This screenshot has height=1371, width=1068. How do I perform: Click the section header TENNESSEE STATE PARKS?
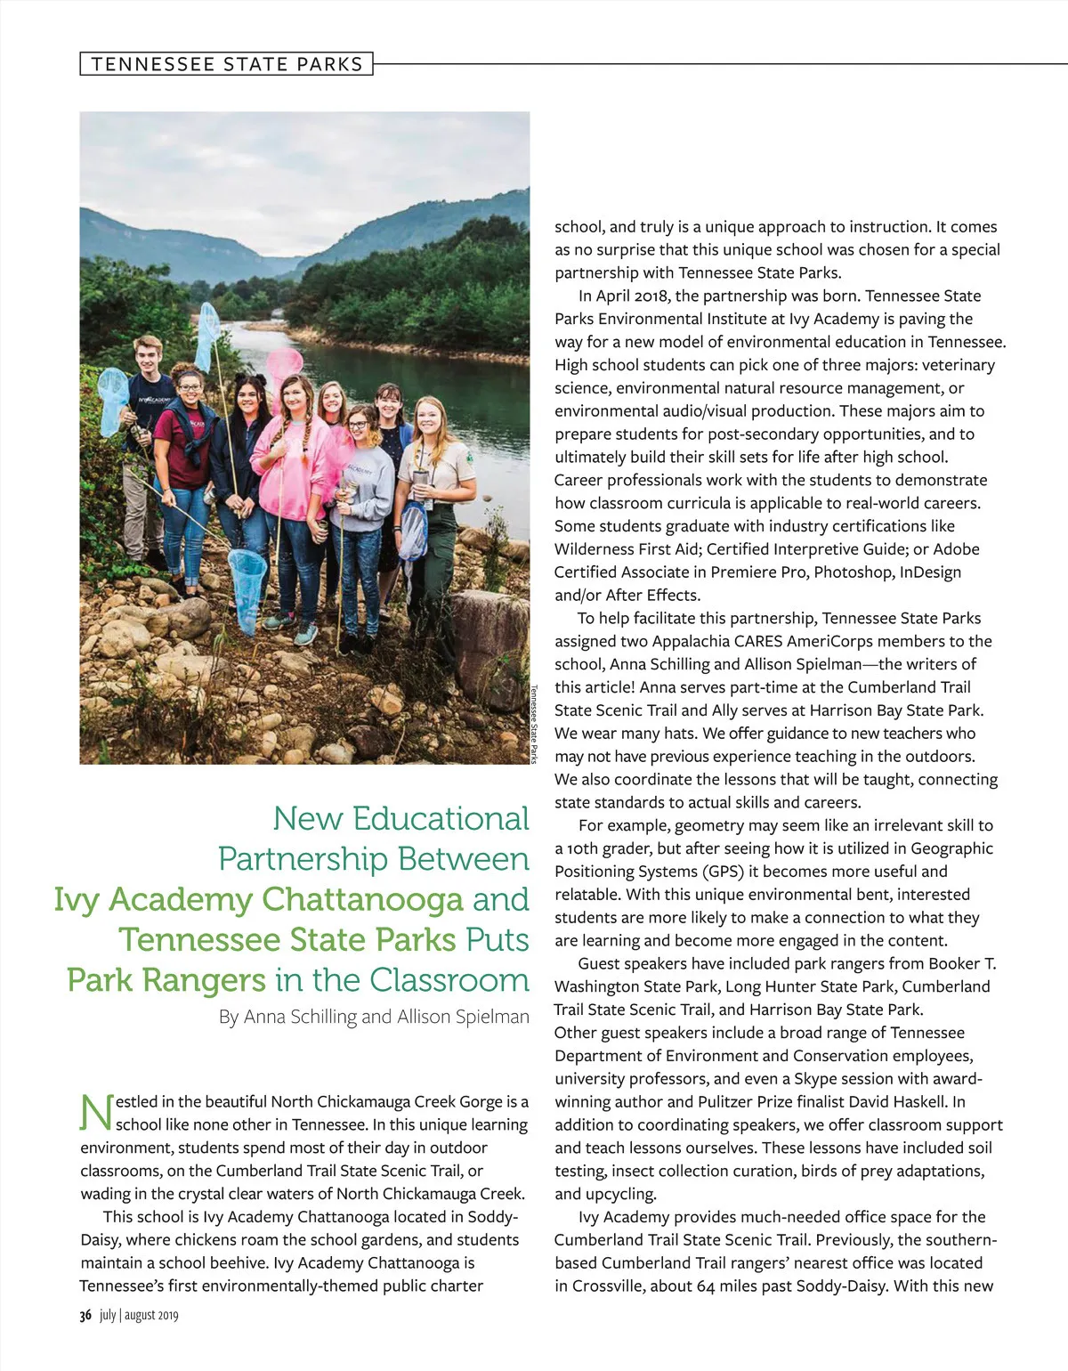point(227,64)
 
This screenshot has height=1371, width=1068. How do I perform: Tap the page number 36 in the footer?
point(85,1316)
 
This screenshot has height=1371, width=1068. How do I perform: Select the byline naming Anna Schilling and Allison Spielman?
point(374,1017)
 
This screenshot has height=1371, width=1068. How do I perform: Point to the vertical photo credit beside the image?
point(534,724)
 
